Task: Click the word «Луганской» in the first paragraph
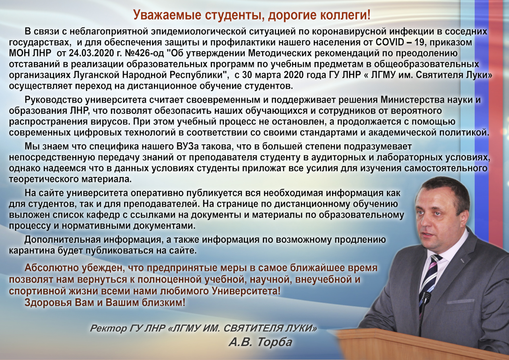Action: (x=96, y=75)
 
